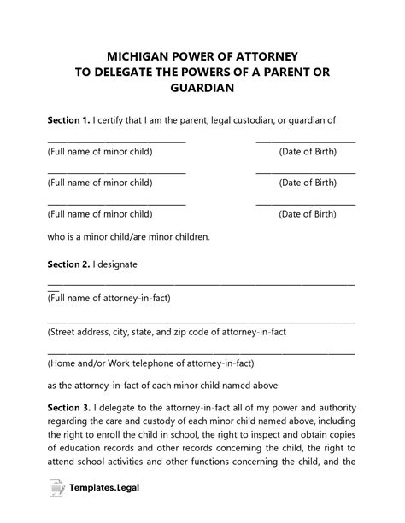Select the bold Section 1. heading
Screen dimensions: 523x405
point(70,121)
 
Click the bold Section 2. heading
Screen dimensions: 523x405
point(70,264)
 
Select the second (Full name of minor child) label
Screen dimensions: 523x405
point(100,183)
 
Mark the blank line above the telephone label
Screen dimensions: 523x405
point(202,352)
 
